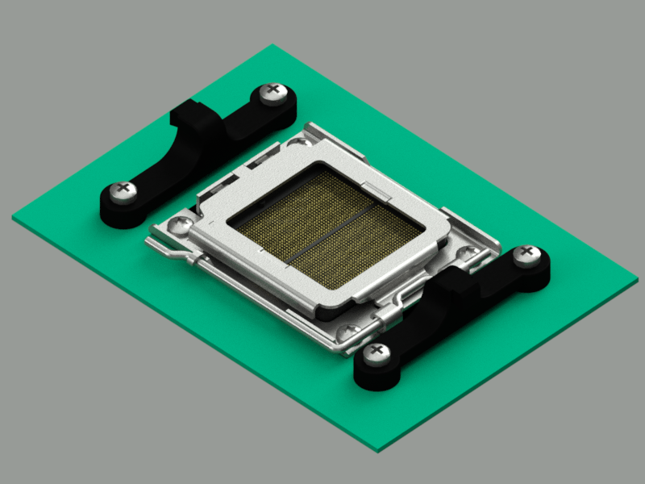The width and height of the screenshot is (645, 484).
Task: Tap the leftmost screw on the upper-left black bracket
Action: pyautogui.click(x=123, y=191)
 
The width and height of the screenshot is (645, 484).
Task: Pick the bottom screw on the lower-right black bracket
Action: pyautogui.click(x=375, y=353)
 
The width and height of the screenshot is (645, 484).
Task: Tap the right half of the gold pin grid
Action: pyautogui.click(x=363, y=246)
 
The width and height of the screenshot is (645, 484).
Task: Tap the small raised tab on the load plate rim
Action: pyautogui.click(x=372, y=188)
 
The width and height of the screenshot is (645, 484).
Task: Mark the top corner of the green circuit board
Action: pyautogui.click(x=273, y=45)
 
